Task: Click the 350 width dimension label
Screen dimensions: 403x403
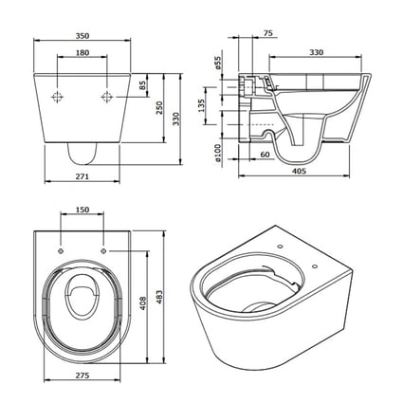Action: coord(82,36)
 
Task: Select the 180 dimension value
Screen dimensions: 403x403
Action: coord(82,52)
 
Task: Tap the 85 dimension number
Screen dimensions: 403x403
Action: coord(143,85)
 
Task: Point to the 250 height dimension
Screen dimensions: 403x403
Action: coord(159,108)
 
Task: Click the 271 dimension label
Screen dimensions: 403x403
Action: coord(82,176)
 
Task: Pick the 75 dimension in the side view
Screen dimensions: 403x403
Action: coord(267,33)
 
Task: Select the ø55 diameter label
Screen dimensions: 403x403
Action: coord(217,63)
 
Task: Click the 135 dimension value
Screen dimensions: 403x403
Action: coord(201,105)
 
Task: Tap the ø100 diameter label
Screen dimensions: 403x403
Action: coord(217,153)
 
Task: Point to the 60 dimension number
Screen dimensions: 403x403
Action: coord(265,155)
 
